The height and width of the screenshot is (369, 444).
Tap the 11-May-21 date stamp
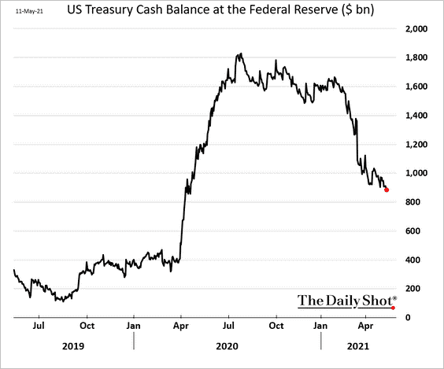tap(29, 11)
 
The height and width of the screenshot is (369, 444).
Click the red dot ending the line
tap(387, 190)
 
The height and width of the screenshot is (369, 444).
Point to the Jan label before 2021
tap(321, 324)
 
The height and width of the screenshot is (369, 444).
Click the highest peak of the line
tap(239, 54)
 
